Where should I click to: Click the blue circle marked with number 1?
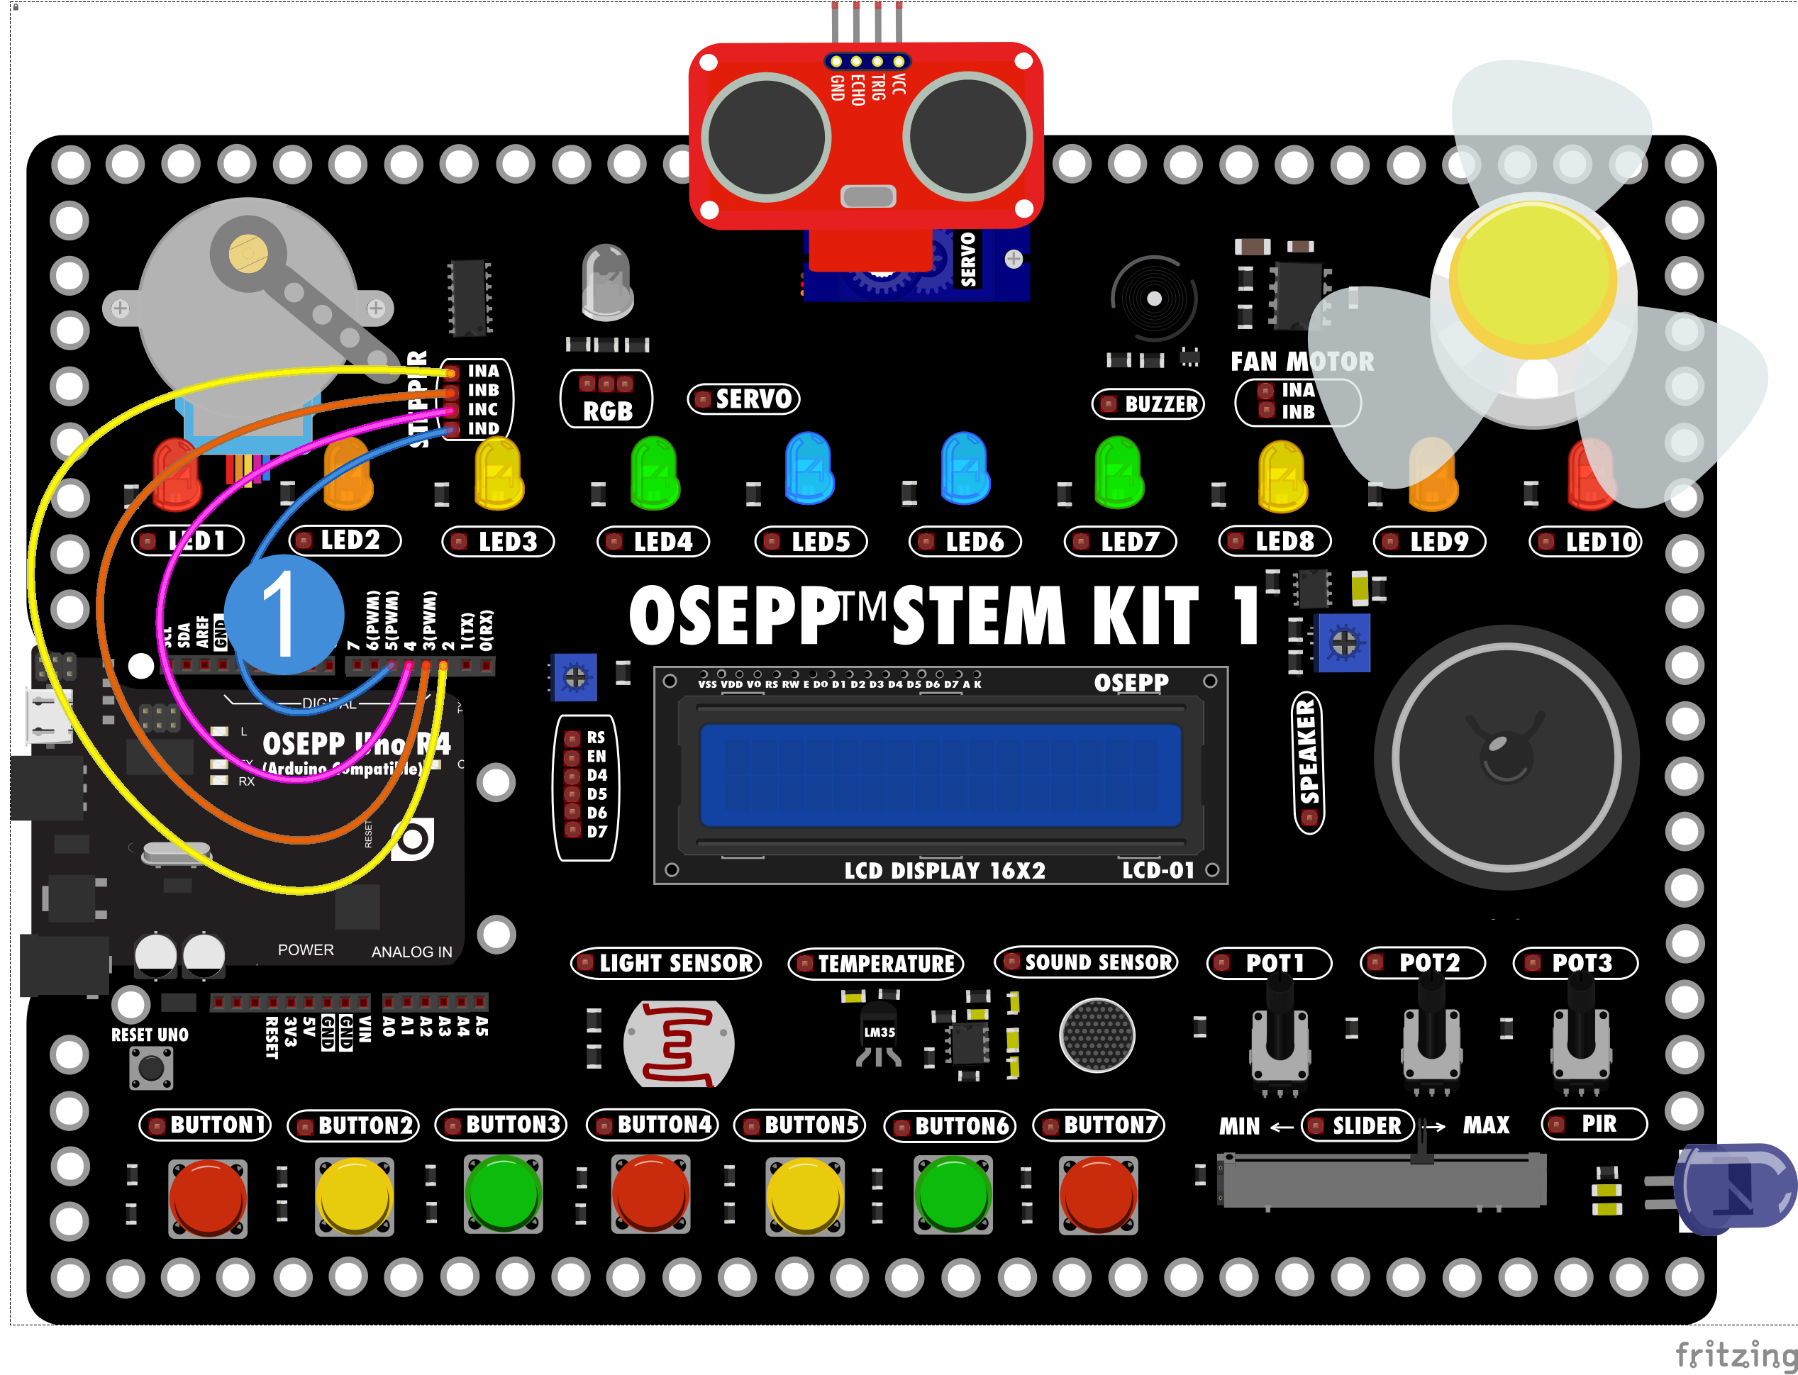[x=283, y=615]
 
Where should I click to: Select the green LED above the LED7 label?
[x=1118, y=473]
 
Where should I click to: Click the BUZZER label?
[x=1148, y=403]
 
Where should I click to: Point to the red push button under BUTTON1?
[x=207, y=1196]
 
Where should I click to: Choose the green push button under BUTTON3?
[x=502, y=1194]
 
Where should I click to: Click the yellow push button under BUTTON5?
[x=804, y=1196]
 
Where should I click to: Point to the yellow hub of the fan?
[x=1532, y=278]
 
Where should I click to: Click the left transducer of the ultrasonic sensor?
[x=766, y=138]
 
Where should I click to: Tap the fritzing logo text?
[x=1735, y=1354]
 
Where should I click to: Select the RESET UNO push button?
[x=151, y=1067]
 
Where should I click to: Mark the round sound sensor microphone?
[x=1097, y=1035]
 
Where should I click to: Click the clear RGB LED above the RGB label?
[x=606, y=282]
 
